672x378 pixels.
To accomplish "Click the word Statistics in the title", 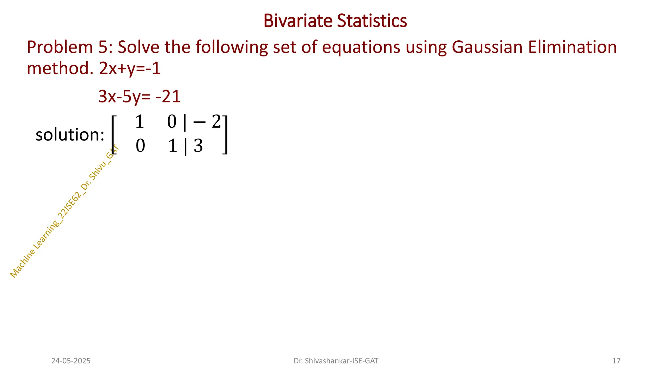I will pyautogui.click(x=372, y=21).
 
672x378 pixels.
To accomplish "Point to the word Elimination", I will pyautogui.click(x=572, y=47).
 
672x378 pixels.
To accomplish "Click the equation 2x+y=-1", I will pyautogui.click(x=130, y=69).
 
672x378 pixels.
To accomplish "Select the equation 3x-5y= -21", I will pyautogui.click(x=139, y=96).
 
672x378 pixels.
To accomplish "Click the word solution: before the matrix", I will pyautogui.click(x=70, y=135).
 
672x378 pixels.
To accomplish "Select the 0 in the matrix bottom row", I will pyautogui.click(x=140, y=146).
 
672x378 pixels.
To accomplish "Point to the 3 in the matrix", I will pyautogui.click(x=198, y=146).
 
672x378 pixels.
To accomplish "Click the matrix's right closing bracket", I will pyautogui.click(x=225, y=135).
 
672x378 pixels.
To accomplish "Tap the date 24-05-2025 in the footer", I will pyautogui.click(x=71, y=361).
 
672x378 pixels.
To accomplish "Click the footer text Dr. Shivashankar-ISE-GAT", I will pyautogui.click(x=336, y=361).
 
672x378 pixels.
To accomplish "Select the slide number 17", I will pyautogui.click(x=616, y=361).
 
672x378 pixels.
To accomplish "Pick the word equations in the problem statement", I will pyautogui.click(x=361, y=47).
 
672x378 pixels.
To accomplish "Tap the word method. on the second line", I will pyautogui.click(x=60, y=69).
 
